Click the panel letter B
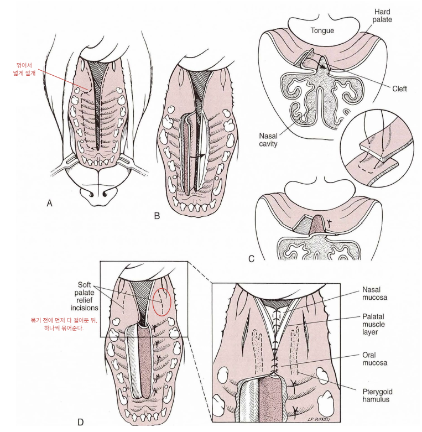coord(157,216)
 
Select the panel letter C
coord(251,258)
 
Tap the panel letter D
coord(80,423)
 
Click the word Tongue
coord(322,30)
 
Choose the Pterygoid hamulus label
coord(378,394)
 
